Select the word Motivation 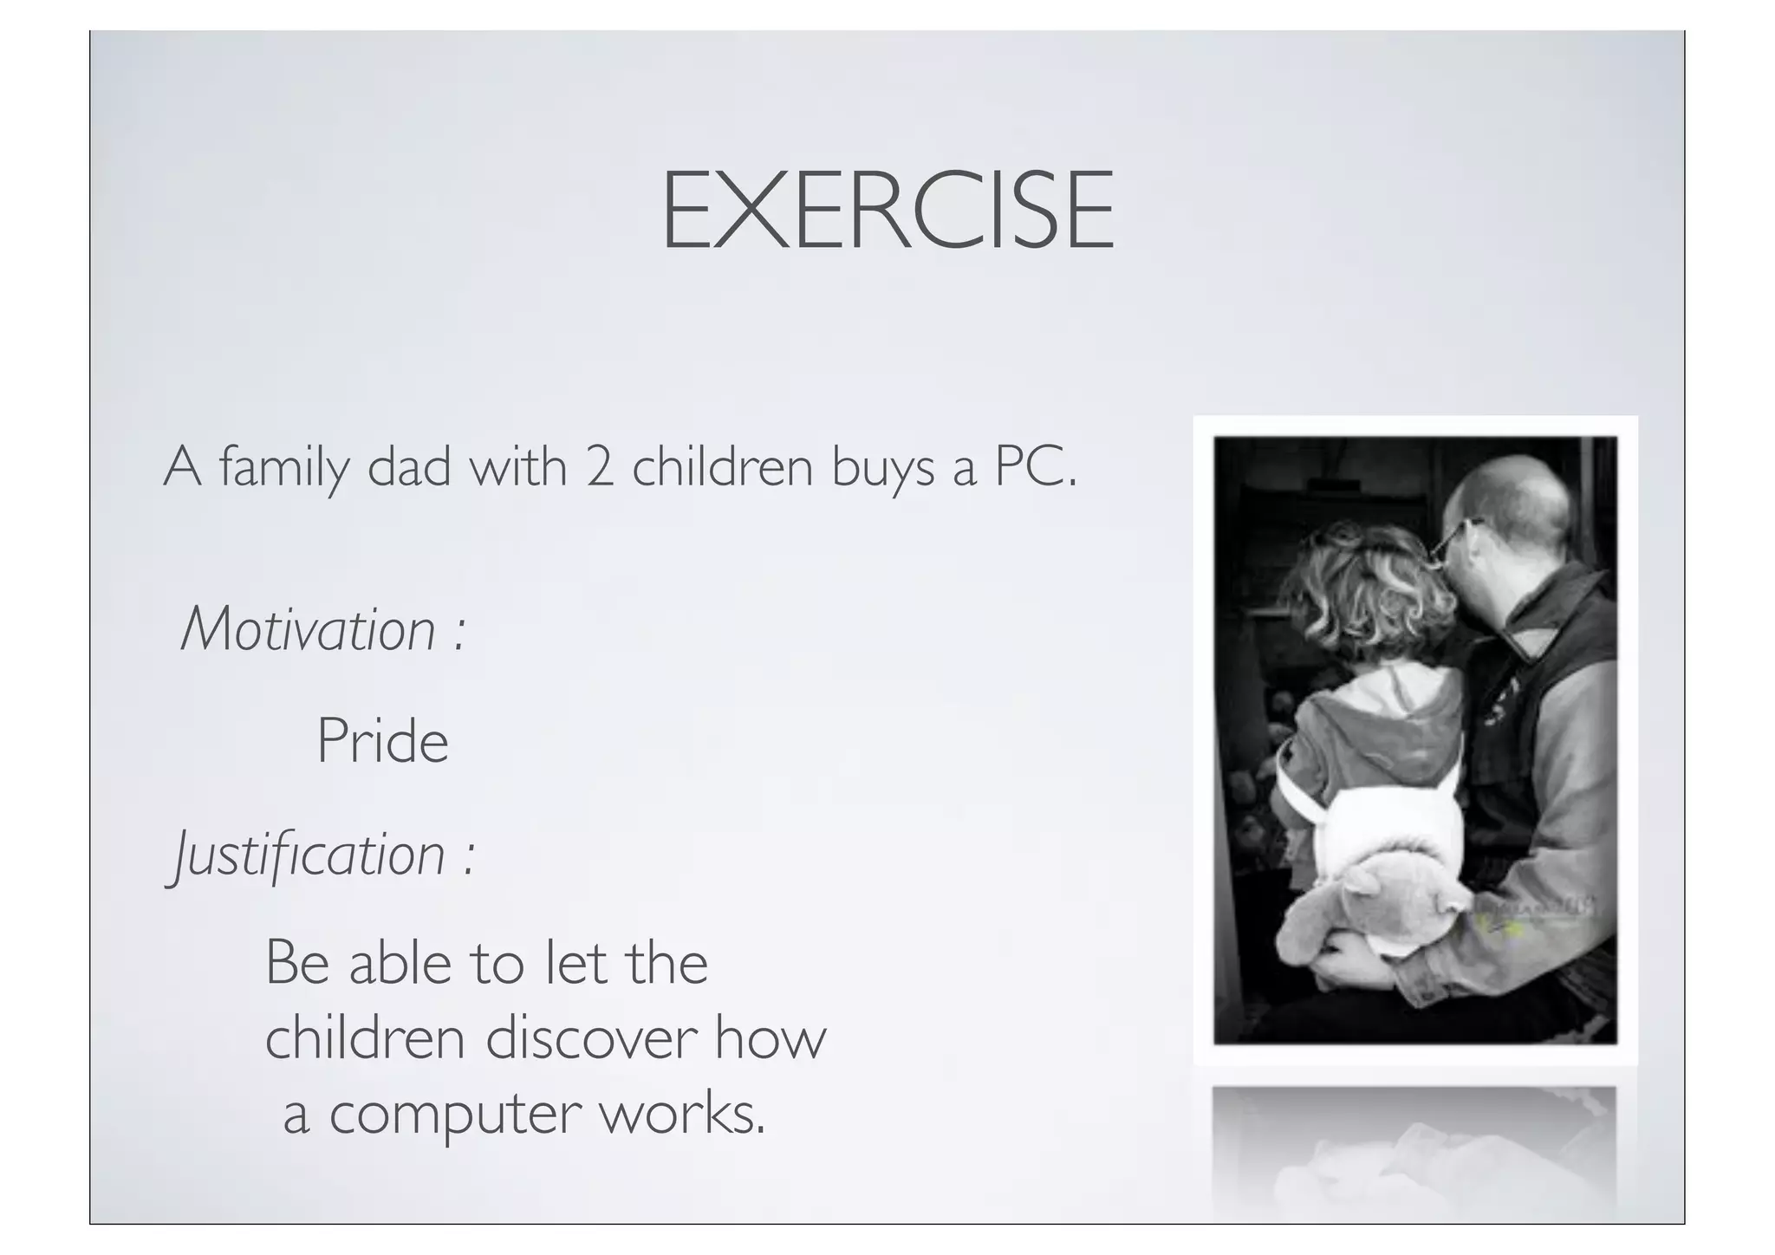pos(308,629)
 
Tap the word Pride pos(382,742)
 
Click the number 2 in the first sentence pos(599,468)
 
